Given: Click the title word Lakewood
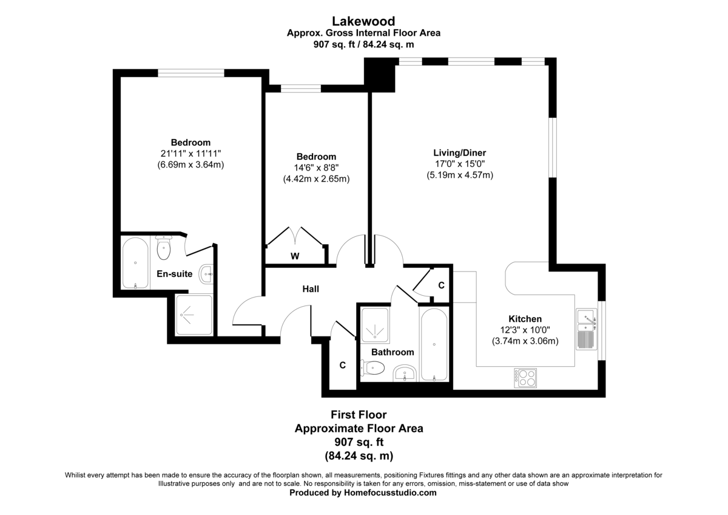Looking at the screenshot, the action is (363, 21).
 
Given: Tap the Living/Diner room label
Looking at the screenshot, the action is (460, 153).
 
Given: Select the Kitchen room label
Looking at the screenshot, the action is (525, 319).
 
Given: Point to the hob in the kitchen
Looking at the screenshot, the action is (525, 378).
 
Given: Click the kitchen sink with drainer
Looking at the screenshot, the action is (586, 329).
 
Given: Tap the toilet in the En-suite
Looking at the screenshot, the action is (163, 248).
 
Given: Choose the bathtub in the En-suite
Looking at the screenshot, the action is (135, 263).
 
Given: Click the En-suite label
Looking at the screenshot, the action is (175, 274).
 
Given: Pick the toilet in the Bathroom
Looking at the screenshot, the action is (372, 368).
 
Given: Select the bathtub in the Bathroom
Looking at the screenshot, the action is (434, 344).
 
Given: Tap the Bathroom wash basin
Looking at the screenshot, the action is (405, 373).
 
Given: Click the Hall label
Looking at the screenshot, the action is (311, 289).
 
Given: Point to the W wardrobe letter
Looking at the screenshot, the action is (295, 256).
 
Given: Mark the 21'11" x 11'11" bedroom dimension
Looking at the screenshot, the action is (190, 153).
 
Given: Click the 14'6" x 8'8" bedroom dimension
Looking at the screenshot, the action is (316, 168).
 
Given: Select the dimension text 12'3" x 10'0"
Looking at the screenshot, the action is (525, 330).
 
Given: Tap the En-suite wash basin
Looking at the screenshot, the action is (207, 275).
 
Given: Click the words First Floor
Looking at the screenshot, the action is (359, 414).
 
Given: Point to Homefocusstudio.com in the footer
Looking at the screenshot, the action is (390, 493).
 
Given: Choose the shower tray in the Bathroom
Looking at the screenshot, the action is (376, 326).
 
